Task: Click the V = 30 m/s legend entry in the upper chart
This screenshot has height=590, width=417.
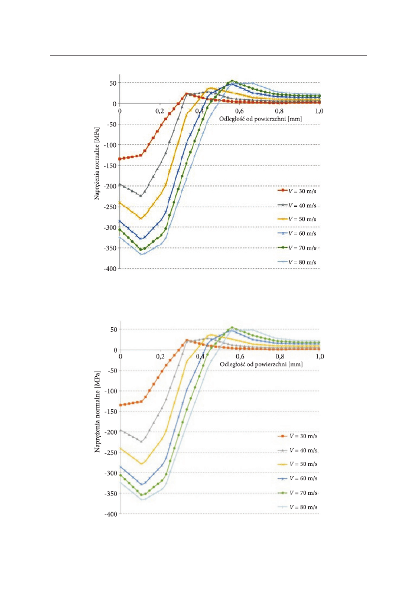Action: coord(298,191)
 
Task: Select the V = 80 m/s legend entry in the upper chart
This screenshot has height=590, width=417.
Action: coord(298,262)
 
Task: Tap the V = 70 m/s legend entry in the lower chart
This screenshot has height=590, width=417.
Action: coord(298,493)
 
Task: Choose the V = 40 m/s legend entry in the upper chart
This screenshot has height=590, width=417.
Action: coord(298,205)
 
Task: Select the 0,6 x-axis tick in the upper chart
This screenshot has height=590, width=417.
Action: coord(240,110)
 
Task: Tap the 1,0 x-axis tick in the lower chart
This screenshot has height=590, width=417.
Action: coord(320,357)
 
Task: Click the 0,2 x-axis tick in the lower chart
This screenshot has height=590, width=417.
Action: coord(160,357)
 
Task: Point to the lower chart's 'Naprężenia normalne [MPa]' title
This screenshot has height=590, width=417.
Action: coord(97,412)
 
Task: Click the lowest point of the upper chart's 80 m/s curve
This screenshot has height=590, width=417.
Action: coord(142,254)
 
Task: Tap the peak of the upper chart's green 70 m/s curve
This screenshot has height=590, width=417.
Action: coord(233,81)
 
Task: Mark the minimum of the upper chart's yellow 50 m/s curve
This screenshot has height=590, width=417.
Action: coord(141,218)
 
